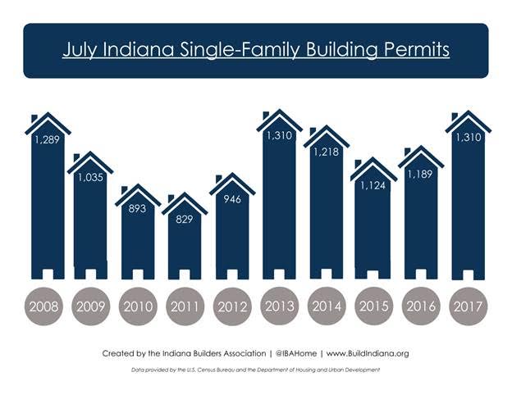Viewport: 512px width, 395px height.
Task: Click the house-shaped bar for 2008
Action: pos(45,205)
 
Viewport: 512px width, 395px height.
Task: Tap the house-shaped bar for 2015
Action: pos(373,225)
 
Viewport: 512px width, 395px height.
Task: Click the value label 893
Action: pos(137,208)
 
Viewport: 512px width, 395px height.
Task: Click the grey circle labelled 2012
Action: pos(232,307)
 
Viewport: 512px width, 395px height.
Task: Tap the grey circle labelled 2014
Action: pos(327,307)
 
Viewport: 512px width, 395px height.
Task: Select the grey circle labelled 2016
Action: pos(421,307)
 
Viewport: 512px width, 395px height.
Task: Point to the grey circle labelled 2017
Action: pos(469,307)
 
